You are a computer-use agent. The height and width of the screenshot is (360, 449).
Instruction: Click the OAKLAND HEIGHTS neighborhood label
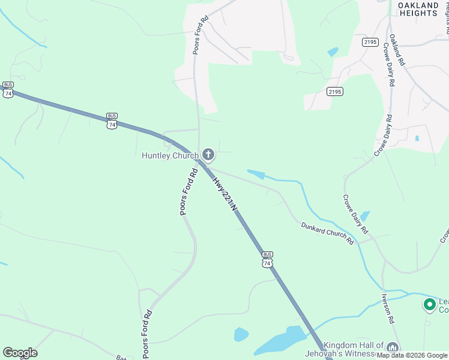click(418, 9)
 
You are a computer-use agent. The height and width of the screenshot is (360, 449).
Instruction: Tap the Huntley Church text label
click(170, 156)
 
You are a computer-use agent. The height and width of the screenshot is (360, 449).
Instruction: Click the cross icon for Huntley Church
click(208, 155)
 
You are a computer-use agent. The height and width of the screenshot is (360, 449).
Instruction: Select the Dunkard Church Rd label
click(327, 233)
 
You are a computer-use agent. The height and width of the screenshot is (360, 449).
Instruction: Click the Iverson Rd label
click(387, 308)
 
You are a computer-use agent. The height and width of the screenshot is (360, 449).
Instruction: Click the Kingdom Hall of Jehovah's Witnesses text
click(354, 349)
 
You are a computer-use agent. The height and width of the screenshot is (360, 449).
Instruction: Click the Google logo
click(20, 353)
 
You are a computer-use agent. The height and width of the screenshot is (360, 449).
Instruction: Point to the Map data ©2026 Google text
click(412, 355)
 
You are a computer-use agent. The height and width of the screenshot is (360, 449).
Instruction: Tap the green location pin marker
click(429, 305)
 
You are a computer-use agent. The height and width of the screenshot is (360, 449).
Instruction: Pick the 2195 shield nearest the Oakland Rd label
click(370, 42)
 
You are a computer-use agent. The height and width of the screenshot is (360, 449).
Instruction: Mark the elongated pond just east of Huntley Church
click(256, 174)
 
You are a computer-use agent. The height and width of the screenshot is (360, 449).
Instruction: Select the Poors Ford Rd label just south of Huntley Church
click(188, 191)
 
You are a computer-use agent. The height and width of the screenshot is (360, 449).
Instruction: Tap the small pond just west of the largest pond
click(241, 334)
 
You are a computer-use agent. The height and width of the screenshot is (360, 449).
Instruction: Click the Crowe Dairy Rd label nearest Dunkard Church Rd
click(356, 214)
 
